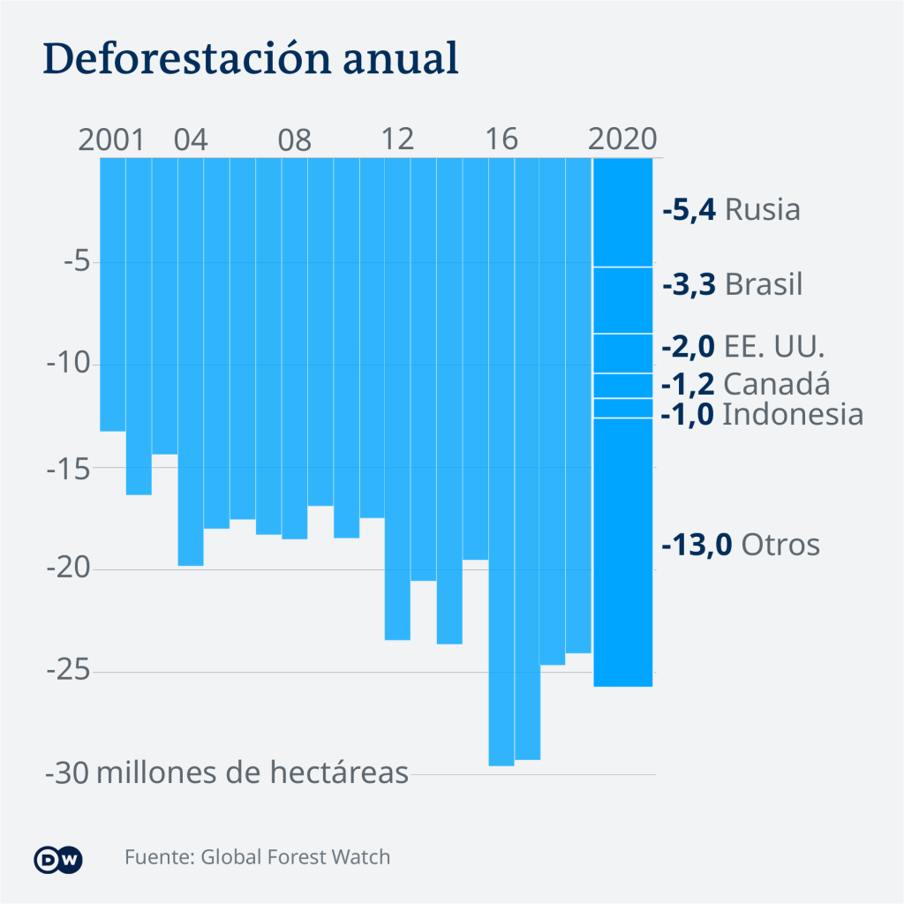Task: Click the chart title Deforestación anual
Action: click(251, 58)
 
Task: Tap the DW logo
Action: click(58, 859)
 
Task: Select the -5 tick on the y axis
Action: click(71, 262)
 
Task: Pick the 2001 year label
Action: click(110, 139)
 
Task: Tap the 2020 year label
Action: click(622, 139)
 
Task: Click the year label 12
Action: click(398, 139)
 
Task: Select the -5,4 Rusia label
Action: click(731, 210)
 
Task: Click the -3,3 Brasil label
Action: click(732, 285)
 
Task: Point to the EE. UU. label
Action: click(773, 346)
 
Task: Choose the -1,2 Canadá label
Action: click(746, 384)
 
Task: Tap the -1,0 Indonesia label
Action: click(762, 414)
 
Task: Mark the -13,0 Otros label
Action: click(741, 545)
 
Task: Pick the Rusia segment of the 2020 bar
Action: click(622, 212)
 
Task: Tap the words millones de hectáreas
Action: click(252, 773)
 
